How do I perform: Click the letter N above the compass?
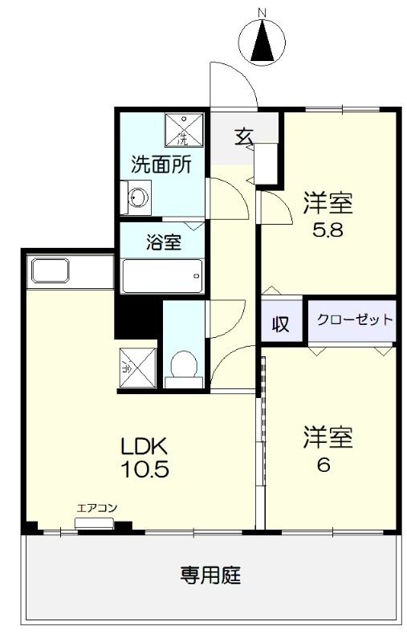click(x=262, y=12)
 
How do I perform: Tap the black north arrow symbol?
click(x=263, y=44)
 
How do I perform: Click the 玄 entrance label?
click(x=244, y=137)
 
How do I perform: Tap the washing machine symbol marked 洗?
click(x=181, y=128)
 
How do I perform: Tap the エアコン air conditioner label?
click(x=97, y=507)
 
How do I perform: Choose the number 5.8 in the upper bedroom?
click(x=328, y=228)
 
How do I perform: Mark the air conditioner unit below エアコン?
click(x=96, y=524)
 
